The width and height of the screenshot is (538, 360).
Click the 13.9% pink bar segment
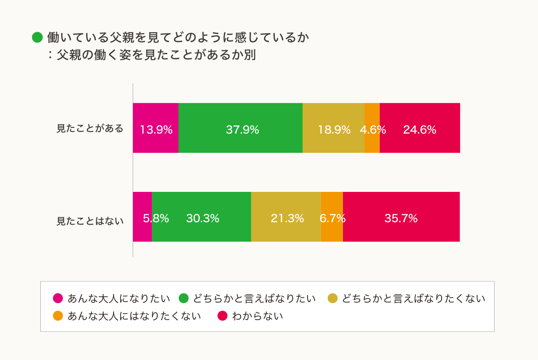tap(156, 128)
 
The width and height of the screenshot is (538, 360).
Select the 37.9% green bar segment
tap(240, 128)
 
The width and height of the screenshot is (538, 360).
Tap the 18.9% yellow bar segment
tap(333, 128)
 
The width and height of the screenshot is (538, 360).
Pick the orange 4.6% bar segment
tap(372, 128)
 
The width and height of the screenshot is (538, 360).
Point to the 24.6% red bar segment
tap(420, 128)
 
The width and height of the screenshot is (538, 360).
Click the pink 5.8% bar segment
tap(143, 217)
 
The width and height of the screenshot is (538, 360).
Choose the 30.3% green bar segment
tap(201, 217)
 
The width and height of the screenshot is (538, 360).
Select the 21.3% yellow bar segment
tap(286, 217)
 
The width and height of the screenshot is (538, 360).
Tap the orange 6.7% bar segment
tap(332, 217)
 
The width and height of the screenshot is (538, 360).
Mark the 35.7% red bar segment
tap(401, 217)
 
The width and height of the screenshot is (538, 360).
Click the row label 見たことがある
tap(90, 129)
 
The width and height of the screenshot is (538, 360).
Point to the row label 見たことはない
tap(90, 221)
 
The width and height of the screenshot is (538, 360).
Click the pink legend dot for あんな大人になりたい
tap(58, 298)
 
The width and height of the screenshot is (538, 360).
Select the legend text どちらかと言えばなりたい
tap(254, 298)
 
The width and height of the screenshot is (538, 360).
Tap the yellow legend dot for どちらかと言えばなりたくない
tap(333, 298)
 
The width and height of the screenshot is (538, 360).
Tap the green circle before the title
tap(37, 38)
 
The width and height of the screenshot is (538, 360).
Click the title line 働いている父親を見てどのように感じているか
tap(178, 38)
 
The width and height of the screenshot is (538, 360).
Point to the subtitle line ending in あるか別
tap(152, 55)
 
